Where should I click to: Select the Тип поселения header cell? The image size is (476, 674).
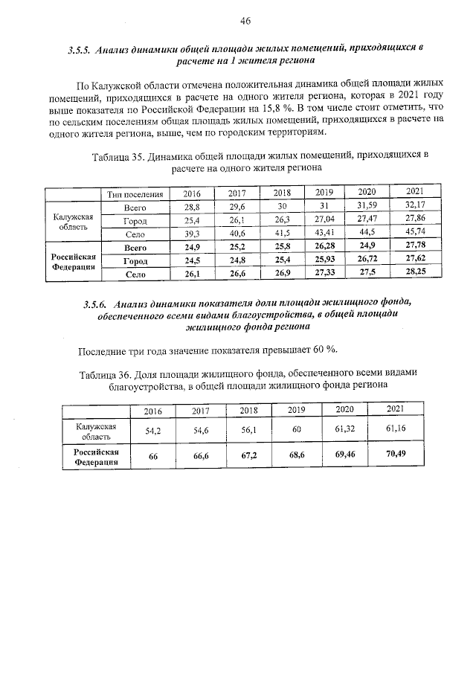tap(135, 194)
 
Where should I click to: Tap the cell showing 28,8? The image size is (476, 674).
tap(193, 207)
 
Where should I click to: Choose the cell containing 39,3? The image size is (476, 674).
tap(193, 234)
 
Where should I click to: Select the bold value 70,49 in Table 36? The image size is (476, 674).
tap(396, 456)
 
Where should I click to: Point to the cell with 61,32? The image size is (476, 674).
tap(345, 430)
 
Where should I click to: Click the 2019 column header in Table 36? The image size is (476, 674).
tap(297, 410)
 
